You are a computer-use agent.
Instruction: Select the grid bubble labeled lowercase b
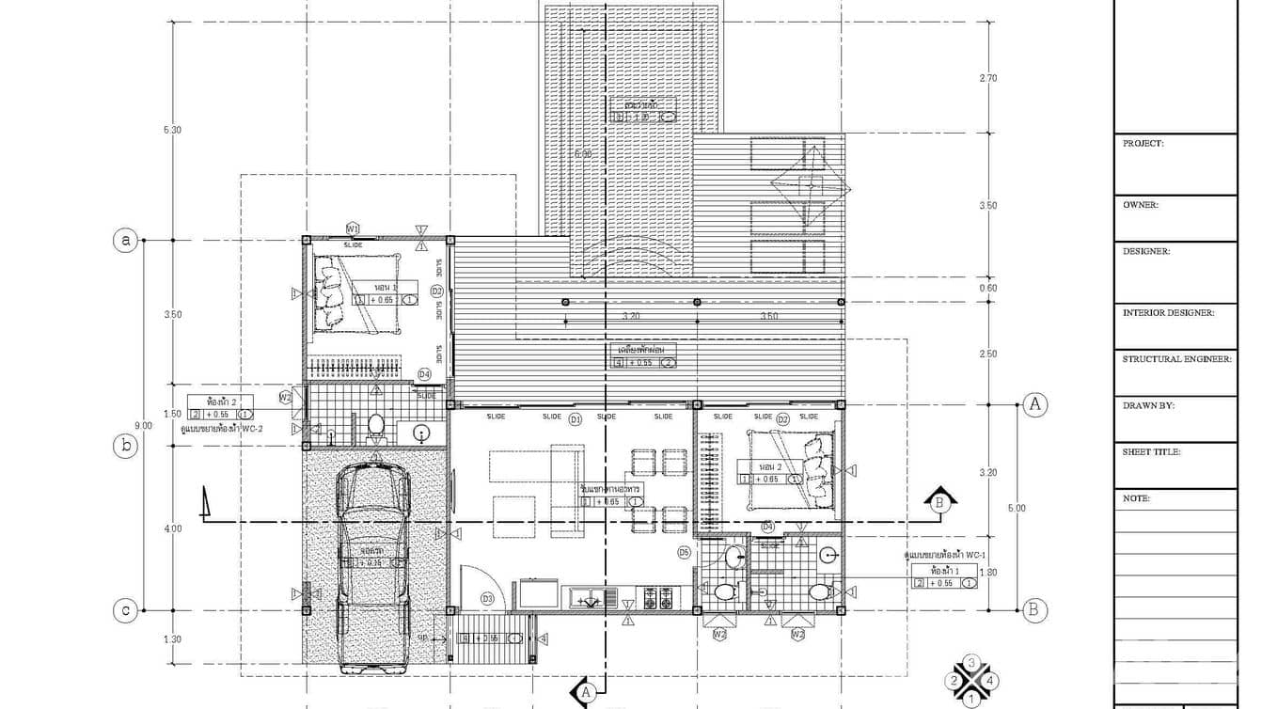(x=126, y=447)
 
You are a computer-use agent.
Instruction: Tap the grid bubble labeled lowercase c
(x=126, y=610)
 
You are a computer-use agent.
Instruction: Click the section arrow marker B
(x=938, y=501)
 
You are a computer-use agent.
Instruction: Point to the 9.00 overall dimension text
(x=143, y=425)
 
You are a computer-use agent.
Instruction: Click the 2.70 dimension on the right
(x=987, y=78)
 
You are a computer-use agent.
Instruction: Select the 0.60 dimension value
(x=987, y=289)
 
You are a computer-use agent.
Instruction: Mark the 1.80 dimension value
(x=987, y=572)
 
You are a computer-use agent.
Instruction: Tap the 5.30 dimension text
(x=171, y=130)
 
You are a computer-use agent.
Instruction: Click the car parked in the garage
(x=374, y=564)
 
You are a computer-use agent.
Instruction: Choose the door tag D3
(x=487, y=598)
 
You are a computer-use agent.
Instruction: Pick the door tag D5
(x=684, y=552)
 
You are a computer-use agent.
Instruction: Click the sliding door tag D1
(x=576, y=419)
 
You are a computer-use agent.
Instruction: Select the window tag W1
(x=354, y=228)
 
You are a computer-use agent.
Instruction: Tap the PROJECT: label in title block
(x=1143, y=144)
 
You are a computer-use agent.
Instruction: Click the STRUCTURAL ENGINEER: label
(x=1176, y=359)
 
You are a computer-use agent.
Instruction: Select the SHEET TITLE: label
(x=1151, y=452)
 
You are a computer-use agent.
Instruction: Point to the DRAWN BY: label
(x=1148, y=406)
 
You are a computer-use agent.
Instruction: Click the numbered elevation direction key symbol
(x=971, y=680)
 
